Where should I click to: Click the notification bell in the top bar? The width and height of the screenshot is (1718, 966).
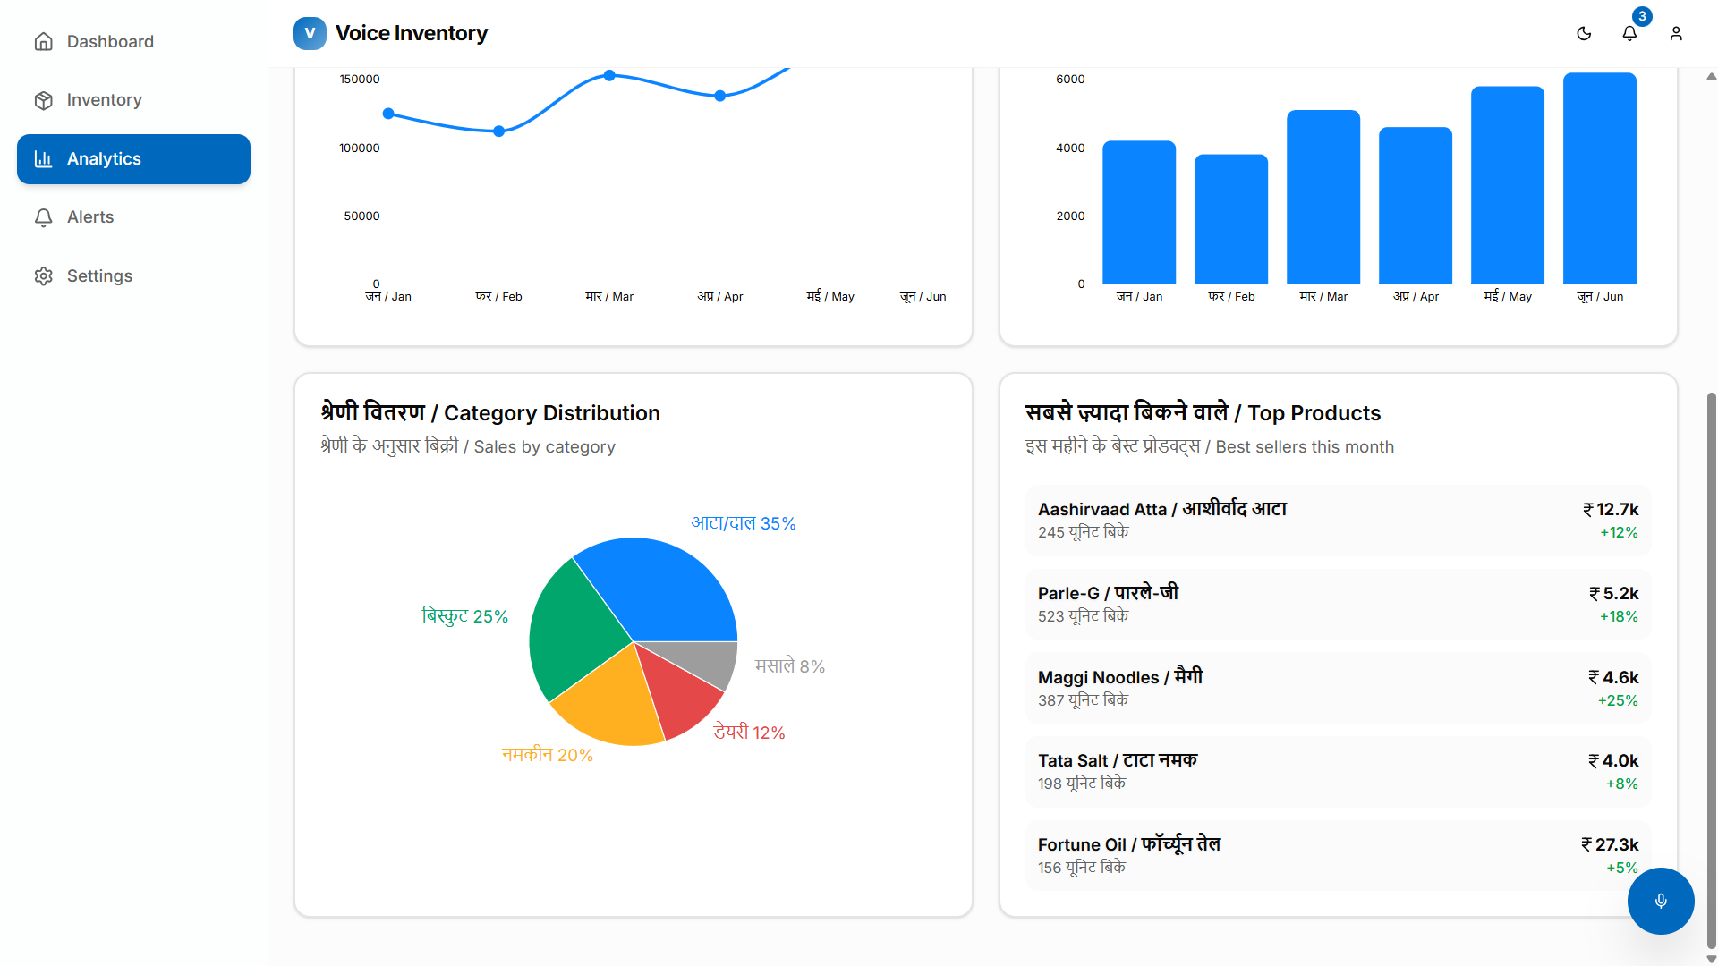[1629, 33]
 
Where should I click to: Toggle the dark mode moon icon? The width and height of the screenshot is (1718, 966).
[1584, 33]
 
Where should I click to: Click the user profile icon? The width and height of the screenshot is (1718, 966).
[1676, 33]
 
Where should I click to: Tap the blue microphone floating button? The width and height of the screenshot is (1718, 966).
[1661, 901]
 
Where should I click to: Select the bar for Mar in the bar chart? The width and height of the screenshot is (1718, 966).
[1323, 197]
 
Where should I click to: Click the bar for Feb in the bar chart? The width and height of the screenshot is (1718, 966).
[1231, 219]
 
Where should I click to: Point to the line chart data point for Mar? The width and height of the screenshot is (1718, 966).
[609, 76]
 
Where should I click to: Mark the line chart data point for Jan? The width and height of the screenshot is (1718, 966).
[388, 114]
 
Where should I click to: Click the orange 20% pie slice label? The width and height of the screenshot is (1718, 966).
[548, 755]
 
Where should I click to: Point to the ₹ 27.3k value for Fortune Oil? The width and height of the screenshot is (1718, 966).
[1610, 844]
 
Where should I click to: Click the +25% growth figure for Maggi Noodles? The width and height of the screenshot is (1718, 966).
[1618, 700]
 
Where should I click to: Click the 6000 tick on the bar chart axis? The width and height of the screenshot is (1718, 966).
[1070, 80]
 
